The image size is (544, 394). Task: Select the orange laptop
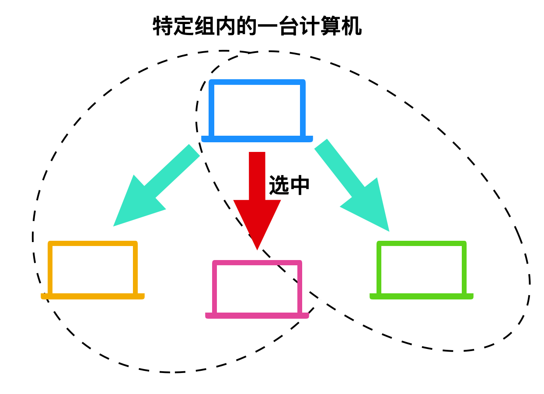tap(93, 270)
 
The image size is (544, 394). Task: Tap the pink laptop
tap(257, 289)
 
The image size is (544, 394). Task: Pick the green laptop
tap(422, 270)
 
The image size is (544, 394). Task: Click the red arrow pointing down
tap(257, 193)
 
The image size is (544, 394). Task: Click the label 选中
tap(289, 185)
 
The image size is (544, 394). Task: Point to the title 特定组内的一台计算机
tap(257, 26)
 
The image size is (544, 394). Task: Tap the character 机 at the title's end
tap(352, 26)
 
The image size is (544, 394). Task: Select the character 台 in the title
tap(289, 26)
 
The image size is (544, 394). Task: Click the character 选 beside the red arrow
tap(279, 185)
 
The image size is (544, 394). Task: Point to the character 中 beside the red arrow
tap(300, 185)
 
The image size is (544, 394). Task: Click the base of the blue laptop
tap(257, 139)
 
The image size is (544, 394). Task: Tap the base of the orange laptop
tap(93, 296)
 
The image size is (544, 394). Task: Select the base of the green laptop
tap(422, 296)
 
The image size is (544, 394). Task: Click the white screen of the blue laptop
tap(257, 109)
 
